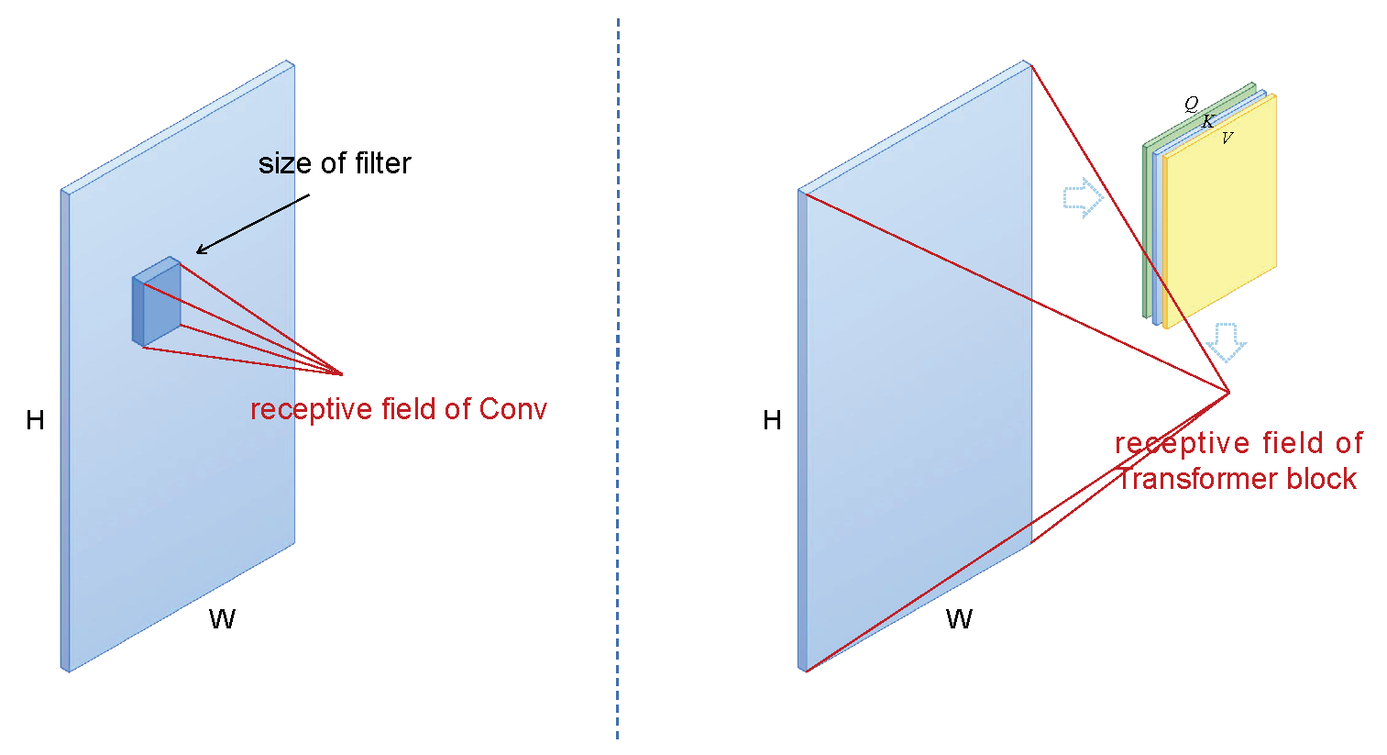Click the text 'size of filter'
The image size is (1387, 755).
(x=335, y=164)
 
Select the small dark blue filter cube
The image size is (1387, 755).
(x=157, y=303)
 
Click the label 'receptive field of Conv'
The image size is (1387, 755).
(x=399, y=409)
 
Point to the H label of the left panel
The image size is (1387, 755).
(x=36, y=420)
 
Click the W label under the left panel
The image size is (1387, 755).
(x=222, y=619)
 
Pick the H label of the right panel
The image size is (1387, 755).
(x=772, y=420)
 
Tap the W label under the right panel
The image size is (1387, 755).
(x=959, y=619)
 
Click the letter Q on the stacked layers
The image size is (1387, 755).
(x=1191, y=104)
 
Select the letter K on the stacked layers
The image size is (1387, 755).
(x=1208, y=121)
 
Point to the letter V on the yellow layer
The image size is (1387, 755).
(x=1227, y=139)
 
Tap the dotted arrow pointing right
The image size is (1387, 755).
(x=1083, y=197)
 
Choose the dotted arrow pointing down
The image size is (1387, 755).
(x=1226, y=341)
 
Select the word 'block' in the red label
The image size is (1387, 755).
(x=1321, y=479)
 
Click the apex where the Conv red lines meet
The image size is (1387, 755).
(x=342, y=374)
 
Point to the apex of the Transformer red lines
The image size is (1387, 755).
(x=1228, y=393)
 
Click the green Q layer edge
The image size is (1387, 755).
(x=1147, y=229)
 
